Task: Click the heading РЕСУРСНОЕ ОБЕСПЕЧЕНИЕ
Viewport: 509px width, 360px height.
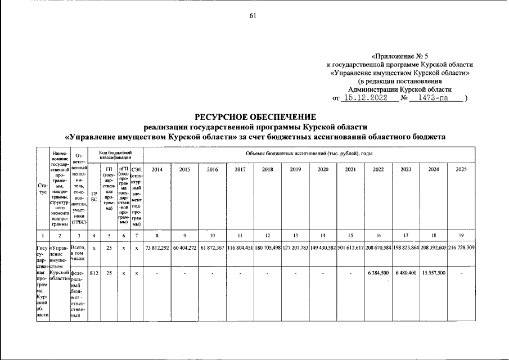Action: (x=255, y=117)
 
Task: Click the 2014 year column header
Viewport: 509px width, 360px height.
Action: (x=157, y=169)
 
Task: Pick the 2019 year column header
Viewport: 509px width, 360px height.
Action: (x=295, y=169)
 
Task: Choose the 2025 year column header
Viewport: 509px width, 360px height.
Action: (x=461, y=169)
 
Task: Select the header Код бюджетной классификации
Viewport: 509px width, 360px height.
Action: (x=115, y=154)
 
